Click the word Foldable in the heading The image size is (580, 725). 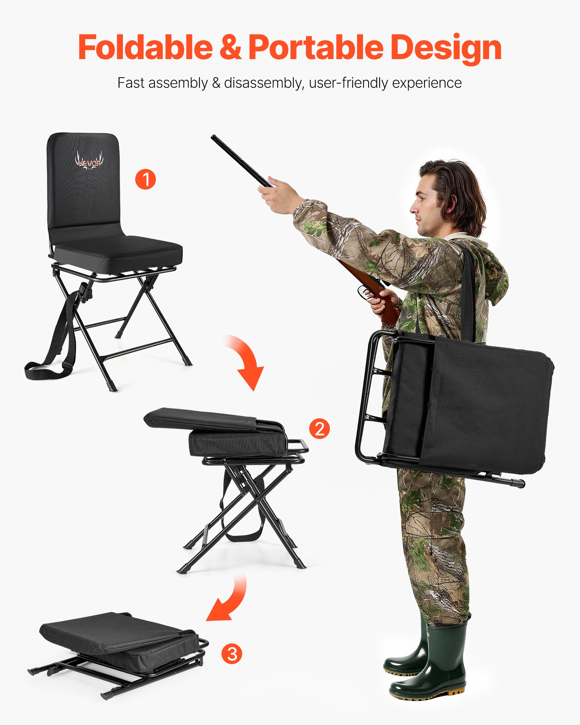(145, 47)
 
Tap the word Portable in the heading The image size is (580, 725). (315, 47)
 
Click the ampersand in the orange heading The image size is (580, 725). (231, 47)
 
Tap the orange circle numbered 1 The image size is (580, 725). (145, 179)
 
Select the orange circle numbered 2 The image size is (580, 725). (319, 429)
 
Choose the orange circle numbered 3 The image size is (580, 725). (232, 654)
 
